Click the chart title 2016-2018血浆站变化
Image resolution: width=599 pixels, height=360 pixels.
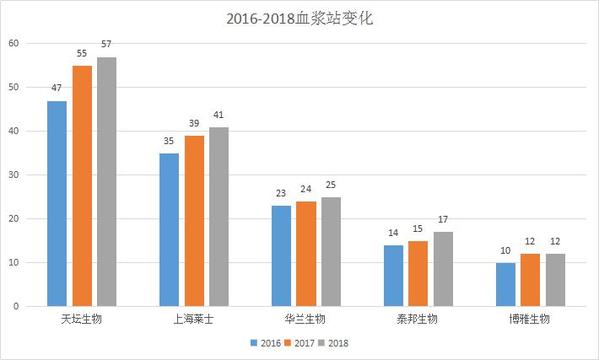[300, 18]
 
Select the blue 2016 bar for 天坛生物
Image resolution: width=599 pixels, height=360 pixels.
[57, 203]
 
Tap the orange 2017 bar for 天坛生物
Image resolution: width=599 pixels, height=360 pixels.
[82, 186]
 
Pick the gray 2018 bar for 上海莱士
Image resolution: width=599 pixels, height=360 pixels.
[219, 216]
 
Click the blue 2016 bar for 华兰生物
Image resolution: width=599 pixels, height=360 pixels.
[282, 256]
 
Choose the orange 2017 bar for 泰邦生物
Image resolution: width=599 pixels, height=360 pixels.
[418, 273]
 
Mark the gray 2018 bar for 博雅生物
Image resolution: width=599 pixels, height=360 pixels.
[555, 280]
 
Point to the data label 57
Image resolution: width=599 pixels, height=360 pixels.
[106, 44]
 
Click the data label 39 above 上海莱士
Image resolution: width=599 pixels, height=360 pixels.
[194, 123]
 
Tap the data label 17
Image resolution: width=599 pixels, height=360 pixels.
[443, 220]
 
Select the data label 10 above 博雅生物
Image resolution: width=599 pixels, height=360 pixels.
[505, 251]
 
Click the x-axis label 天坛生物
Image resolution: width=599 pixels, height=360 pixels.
[81, 319]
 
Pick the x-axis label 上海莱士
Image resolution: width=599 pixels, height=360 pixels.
[194, 319]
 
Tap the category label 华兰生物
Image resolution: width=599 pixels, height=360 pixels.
[305, 319]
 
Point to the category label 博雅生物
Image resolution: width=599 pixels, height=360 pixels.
[529, 319]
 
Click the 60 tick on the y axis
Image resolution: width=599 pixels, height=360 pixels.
[13, 43]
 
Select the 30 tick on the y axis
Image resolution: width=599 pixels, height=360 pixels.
[13, 175]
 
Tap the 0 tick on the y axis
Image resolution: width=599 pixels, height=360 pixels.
[16, 306]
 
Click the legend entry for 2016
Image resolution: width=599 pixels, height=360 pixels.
[266, 343]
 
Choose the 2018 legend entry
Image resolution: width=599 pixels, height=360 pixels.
[333, 343]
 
